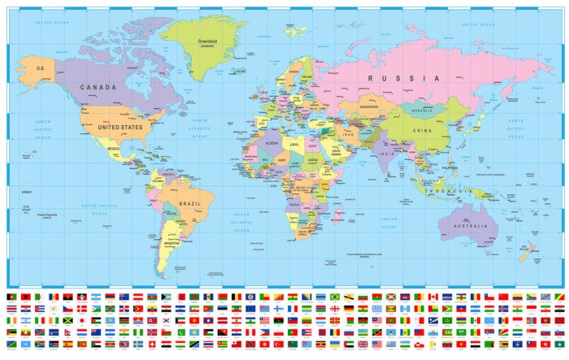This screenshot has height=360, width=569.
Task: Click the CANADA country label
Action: (98, 87)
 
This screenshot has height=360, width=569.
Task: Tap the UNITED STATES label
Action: (120, 128)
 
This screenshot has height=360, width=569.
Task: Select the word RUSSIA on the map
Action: (404, 78)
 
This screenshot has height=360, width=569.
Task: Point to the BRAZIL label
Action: (190, 203)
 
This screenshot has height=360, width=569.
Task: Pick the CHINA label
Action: (423, 130)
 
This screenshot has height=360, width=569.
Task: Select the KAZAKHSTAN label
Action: (369, 106)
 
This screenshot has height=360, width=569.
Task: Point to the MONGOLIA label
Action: (423, 111)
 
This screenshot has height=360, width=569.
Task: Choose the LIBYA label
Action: (294, 145)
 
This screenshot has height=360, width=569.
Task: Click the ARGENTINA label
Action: (172, 243)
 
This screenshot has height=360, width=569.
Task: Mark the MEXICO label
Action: (114, 149)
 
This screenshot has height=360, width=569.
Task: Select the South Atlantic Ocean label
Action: (241, 222)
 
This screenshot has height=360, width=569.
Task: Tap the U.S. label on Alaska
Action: (40, 68)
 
